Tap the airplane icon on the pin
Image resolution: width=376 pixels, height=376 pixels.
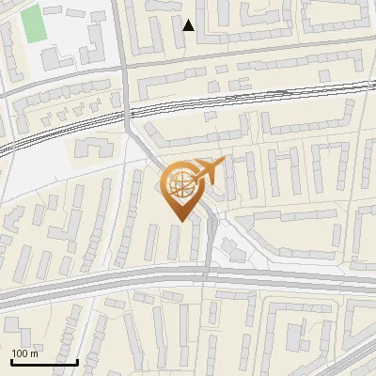coord(211,171)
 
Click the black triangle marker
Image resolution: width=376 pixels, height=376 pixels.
coord(189,25)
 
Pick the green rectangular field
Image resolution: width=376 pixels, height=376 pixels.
coord(34,23)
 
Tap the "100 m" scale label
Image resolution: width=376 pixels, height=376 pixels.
coord(24,353)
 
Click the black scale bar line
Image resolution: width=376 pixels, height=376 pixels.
coord(43,362)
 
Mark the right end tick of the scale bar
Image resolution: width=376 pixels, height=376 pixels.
coord(77,360)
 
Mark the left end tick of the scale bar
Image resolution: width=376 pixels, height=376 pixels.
coord(10,360)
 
